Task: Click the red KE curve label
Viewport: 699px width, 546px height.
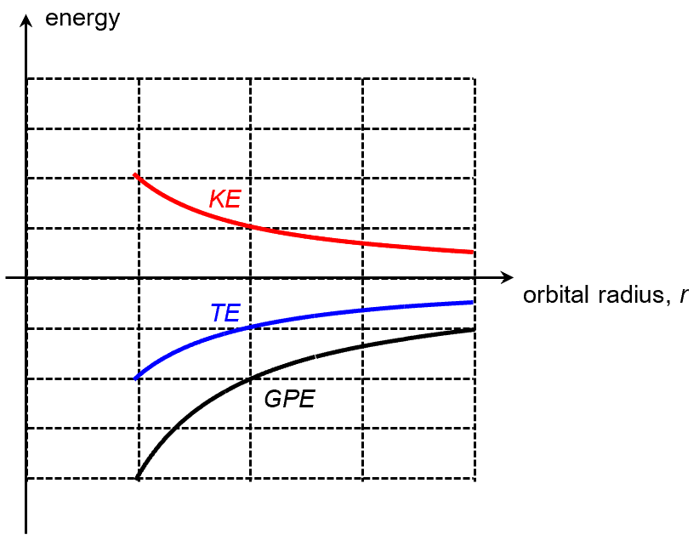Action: [225, 199]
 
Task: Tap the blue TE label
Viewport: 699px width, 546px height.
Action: [225, 313]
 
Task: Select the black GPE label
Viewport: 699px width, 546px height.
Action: [289, 399]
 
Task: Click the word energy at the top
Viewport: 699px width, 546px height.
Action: [82, 18]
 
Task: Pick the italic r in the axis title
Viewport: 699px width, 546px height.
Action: [683, 297]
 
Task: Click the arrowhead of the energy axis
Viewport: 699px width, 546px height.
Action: [28, 12]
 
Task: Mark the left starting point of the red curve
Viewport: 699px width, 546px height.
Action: [135, 175]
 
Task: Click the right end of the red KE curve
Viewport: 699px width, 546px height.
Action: [473, 252]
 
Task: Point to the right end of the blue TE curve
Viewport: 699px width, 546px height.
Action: [473, 302]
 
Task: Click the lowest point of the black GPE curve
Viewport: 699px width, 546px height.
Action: [137, 479]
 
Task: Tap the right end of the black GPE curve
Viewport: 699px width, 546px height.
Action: [474, 328]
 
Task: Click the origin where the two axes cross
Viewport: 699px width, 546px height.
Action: [28, 277]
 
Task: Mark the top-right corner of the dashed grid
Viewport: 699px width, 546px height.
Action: [474, 78]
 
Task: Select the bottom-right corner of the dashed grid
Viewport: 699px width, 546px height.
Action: [474, 479]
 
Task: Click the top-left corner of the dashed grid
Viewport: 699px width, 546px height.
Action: [28, 78]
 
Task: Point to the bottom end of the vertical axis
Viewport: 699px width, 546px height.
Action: [28, 532]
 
